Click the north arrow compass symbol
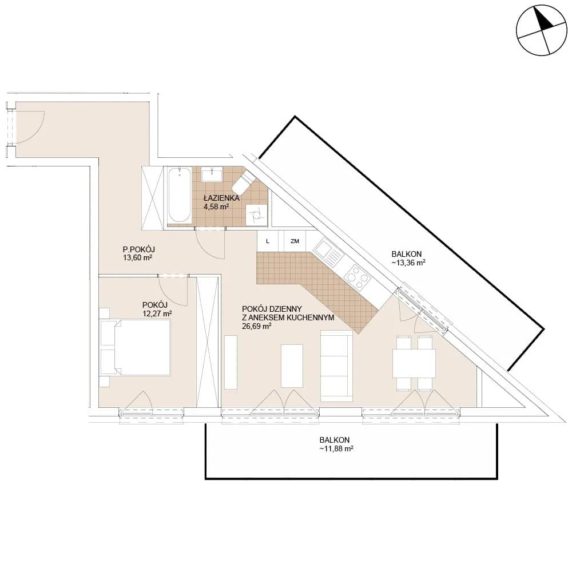542,30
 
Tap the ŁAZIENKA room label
221,198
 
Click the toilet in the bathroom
243,183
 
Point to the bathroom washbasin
212,174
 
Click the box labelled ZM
295,241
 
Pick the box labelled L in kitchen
268,241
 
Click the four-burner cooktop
357,277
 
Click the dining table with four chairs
414,363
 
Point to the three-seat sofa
336,366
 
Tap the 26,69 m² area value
256,326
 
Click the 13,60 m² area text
137,258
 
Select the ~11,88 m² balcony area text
336,448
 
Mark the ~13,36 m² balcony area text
408,263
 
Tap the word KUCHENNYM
311,317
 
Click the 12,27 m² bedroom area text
157,313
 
